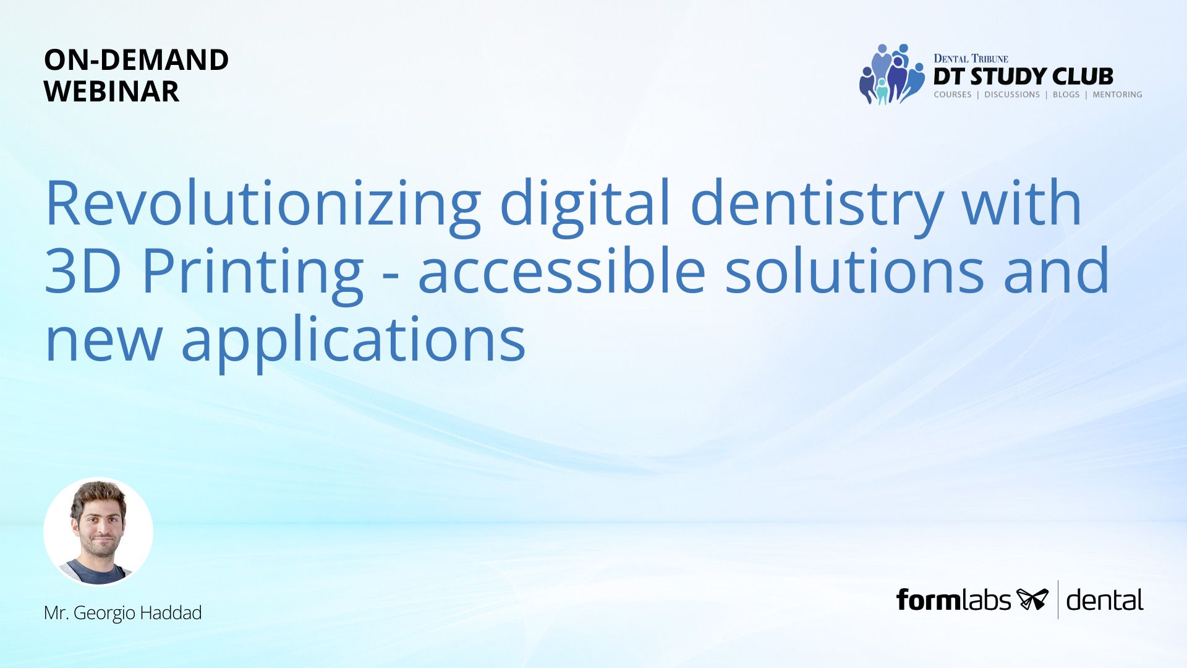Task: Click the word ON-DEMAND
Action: [x=136, y=60]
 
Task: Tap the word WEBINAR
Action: [x=111, y=92]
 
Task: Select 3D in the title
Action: [x=83, y=270]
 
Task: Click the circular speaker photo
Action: [x=98, y=531]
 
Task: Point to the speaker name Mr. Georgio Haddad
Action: [x=123, y=613]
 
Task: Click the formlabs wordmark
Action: [x=953, y=600]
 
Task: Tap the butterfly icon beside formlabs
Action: [x=1032, y=599]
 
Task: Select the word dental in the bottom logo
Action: [x=1105, y=600]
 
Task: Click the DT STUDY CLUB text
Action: [x=1023, y=77]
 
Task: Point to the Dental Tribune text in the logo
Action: [x=971, y=59]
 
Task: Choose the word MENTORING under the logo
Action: [x=1117, y=95]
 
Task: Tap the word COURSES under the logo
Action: [x=953, y=95]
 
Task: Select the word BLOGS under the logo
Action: [x=1066, y=95]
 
